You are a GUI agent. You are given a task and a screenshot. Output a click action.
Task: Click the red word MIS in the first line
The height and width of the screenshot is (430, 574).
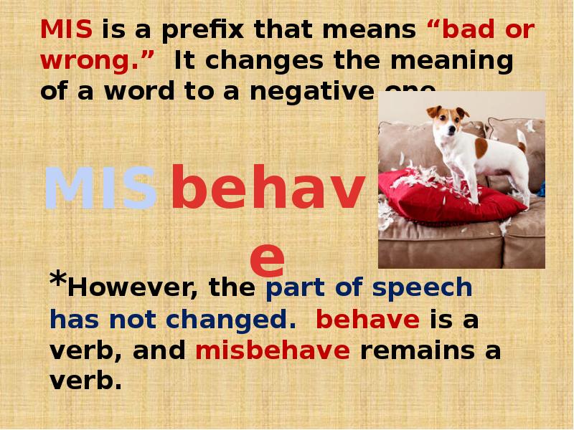pos(67,31)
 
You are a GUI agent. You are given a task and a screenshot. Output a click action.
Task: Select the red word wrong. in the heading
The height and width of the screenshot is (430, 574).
pos(98,61)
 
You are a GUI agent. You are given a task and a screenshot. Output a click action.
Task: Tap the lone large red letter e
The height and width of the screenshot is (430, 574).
pos(267,258)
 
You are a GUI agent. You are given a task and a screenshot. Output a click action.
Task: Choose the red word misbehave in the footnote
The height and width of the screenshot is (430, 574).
pos(272,350)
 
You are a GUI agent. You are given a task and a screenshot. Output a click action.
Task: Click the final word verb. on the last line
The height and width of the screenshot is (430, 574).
pos(83,381)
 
